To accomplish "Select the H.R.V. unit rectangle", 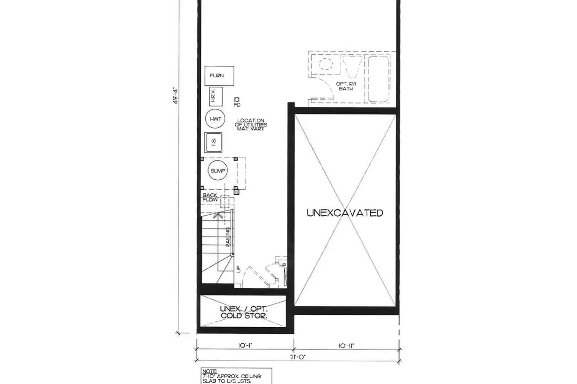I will point(215,96).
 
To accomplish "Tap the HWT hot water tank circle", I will point(216,119).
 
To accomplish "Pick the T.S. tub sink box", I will point(213,142).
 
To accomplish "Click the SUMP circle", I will point(218,170).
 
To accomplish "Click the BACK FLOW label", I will point(210,197).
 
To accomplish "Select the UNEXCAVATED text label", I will point(345,213).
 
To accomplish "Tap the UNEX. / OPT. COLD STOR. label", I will point(244,312).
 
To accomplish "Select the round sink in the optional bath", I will point(326,64).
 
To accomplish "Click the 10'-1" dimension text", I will point(245,345).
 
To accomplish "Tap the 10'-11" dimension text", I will point(346,345).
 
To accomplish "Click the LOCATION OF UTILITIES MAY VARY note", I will point(251,124).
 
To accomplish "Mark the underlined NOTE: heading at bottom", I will point(210,371).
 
